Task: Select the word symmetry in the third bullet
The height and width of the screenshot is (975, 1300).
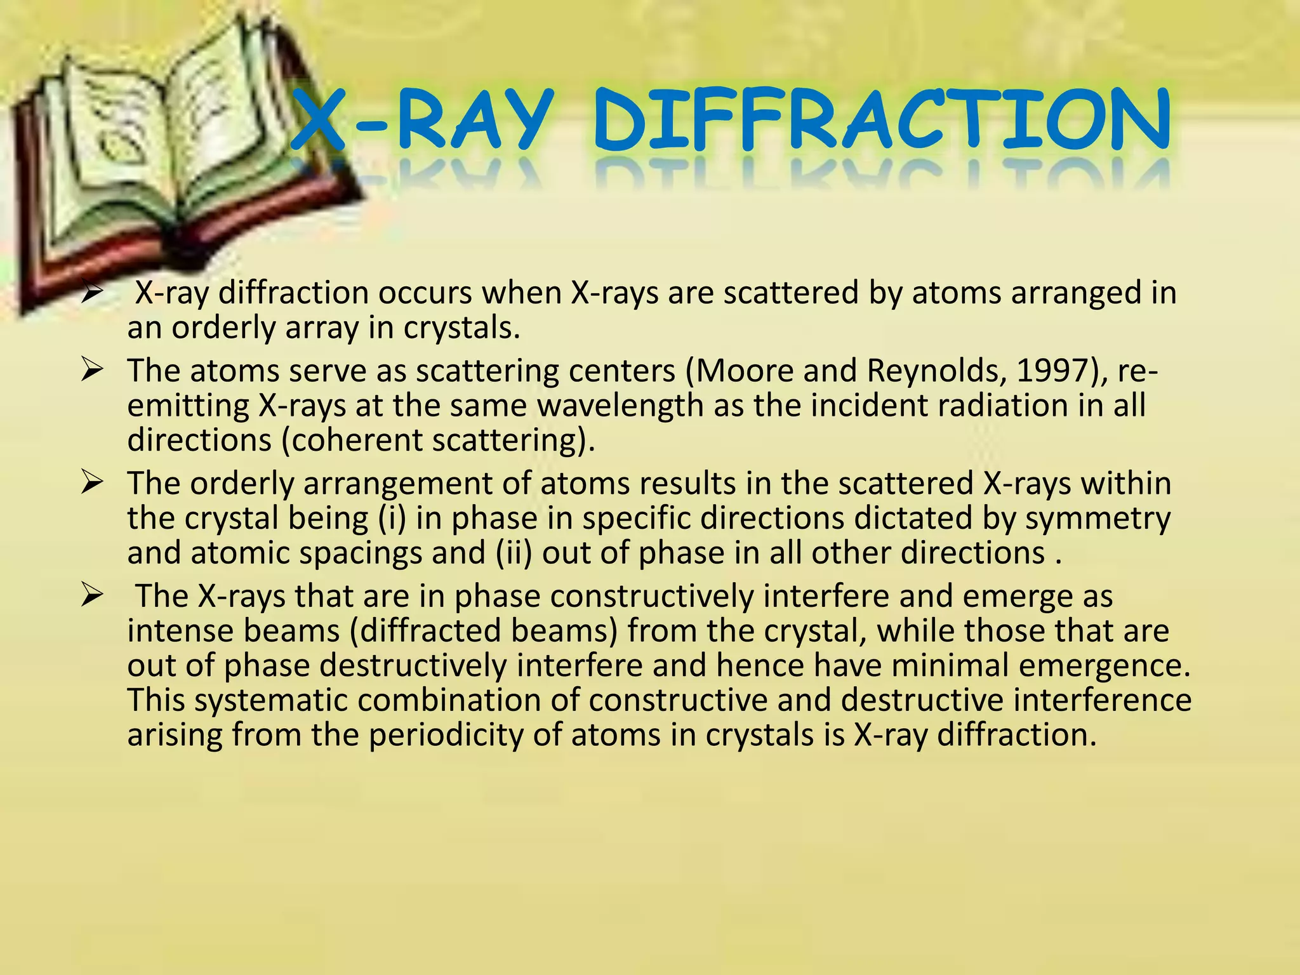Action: click(x=1098, y=519)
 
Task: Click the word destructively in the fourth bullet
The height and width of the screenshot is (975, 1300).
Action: click(x=413, y=666)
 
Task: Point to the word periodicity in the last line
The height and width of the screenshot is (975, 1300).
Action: click(x=447, y=735)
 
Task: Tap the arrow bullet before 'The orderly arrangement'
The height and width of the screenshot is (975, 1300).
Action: click(x=92, y=482)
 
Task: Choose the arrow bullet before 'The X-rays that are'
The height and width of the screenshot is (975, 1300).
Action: click(x=92, y=595)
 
